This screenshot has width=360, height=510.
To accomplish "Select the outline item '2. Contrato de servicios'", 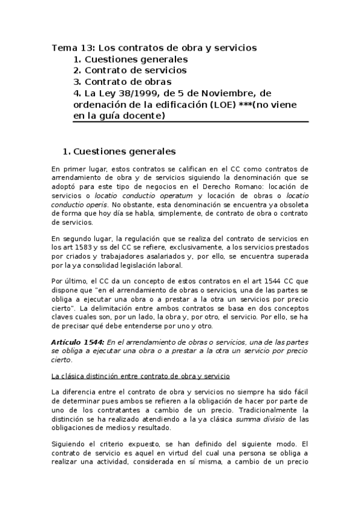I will click(130, 70).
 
